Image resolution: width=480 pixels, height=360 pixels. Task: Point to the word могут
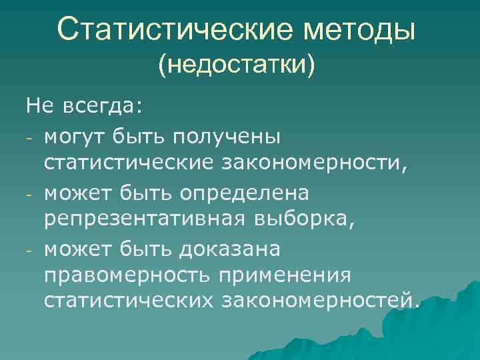click(x=71, y=136)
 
